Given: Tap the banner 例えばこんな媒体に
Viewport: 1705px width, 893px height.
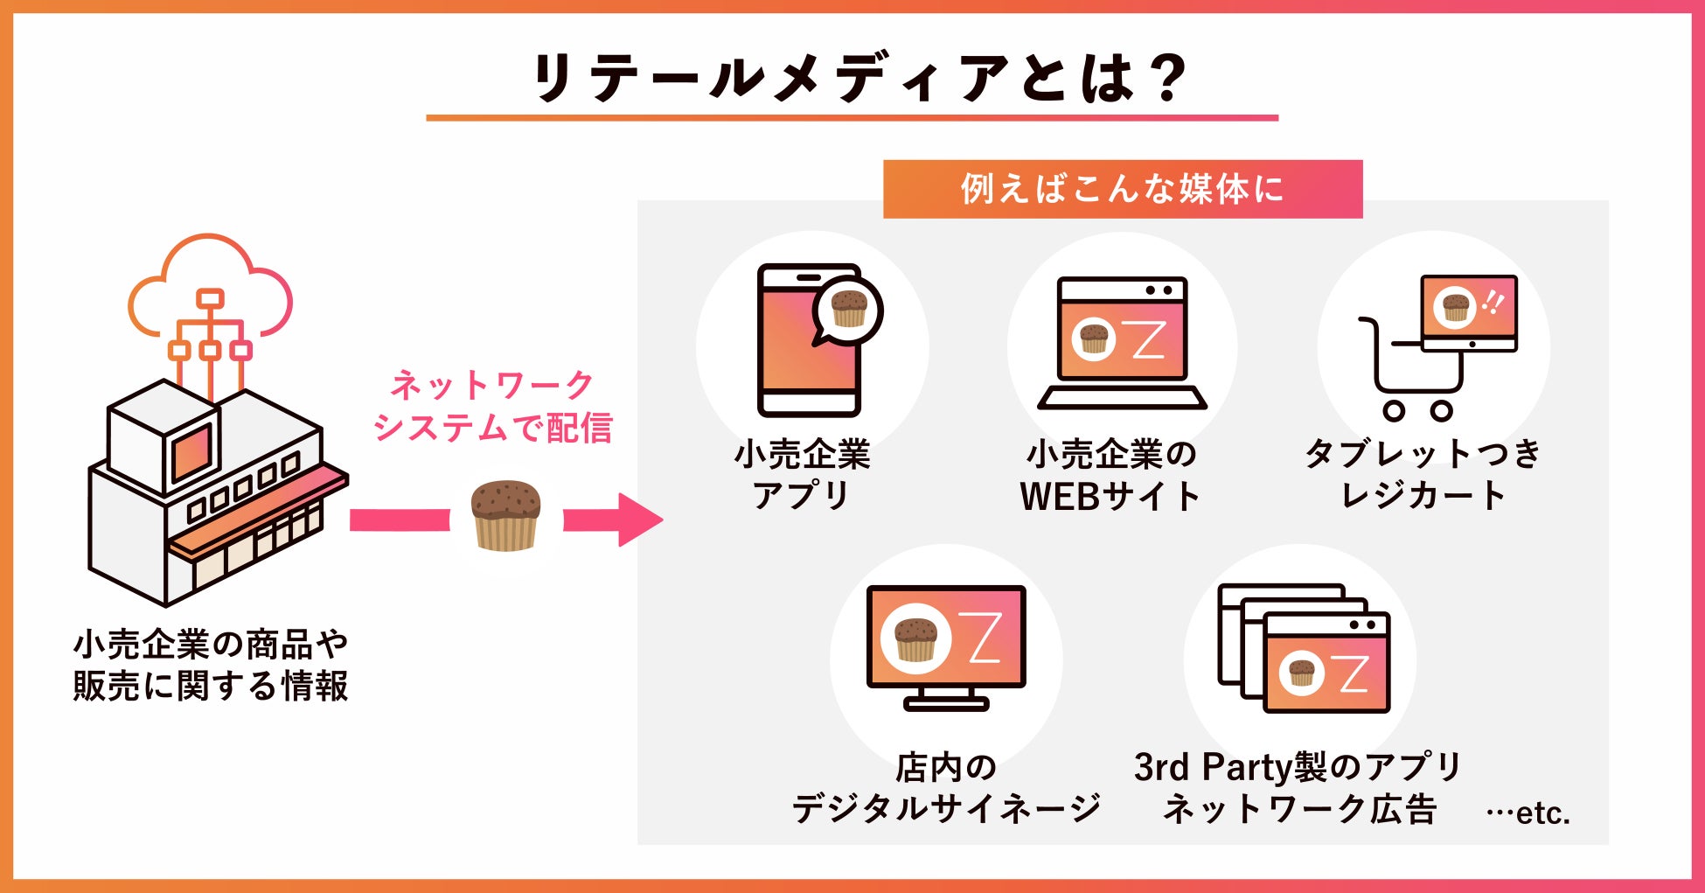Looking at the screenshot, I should [1122, 189].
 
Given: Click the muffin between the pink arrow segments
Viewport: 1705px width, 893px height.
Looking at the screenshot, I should [505, 515].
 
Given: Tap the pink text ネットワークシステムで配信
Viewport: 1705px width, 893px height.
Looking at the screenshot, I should [492, 407].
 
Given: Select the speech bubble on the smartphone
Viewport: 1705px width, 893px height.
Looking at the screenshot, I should [847, 311].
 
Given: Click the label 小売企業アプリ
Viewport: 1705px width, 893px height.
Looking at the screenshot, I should [802, 475].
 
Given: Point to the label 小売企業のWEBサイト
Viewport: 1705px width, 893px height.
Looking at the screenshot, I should [1110, 475].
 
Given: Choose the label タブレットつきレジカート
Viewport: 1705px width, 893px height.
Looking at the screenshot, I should [1423, 475].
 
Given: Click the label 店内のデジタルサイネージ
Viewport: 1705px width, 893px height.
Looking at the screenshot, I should [945, 787].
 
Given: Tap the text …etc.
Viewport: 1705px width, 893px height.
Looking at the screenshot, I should [1528, 813].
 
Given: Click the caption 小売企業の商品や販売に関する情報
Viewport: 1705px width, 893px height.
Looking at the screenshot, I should [211, 665].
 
